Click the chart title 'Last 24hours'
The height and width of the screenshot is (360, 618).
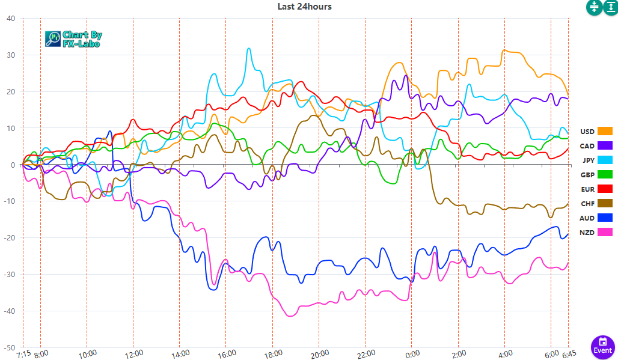click(x=304, y=7)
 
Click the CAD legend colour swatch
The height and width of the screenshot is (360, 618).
click(x=605, y=145)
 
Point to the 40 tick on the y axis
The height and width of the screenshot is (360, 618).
click(x=11, y=18)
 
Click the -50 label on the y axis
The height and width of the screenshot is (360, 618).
click(x=10, y=347)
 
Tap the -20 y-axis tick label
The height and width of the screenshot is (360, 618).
click(x=10, y=238)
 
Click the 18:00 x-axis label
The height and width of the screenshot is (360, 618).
click(x=272, y=353)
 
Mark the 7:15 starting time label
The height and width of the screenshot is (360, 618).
click(x=23, y=353)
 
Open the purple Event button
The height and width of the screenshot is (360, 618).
click(x=602, y=347)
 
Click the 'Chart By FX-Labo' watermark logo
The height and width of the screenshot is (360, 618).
click(x=73, y=39)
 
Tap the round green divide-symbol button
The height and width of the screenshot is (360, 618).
click(x=594, y=7)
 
